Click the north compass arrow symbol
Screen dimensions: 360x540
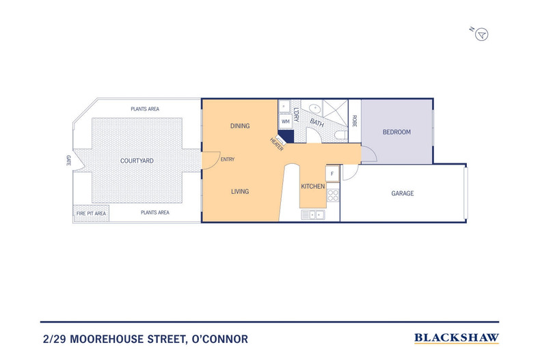pyautogui.click(x=482, y=34)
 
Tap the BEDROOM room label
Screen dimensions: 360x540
pyautogui.click(x=396, y=132)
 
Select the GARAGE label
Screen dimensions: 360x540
pyautogui.click(x=403, y=193)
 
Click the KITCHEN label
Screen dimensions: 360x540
pyautogui.click(x=313, y=186)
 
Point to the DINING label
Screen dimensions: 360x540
pyautogui.click(x=240, y=126)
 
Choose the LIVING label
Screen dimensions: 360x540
pyautogui.click(x=240, y=192)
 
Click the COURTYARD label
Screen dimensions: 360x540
pyautogui.click(x=137, y=161)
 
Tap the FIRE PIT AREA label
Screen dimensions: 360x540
pyautogui.click(x=90, y=214)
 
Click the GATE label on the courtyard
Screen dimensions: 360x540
pyautogui.click(x=68, y=160)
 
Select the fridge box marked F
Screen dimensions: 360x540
pyautogui.click(x=332, y=174)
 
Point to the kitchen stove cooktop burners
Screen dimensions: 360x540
pyautogui.click(x=333, y=195)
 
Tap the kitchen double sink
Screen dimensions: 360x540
pyautogui.click(x=313, y=214)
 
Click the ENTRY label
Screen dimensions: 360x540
pyautogui.click(x=228, y=160)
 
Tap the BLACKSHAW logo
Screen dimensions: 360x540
pyautogui.click(x=457, y=337)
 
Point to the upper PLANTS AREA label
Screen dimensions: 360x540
pyautogui.click(x=145, y=109)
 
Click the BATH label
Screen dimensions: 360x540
pyautogui.click(x=317, y=123)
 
